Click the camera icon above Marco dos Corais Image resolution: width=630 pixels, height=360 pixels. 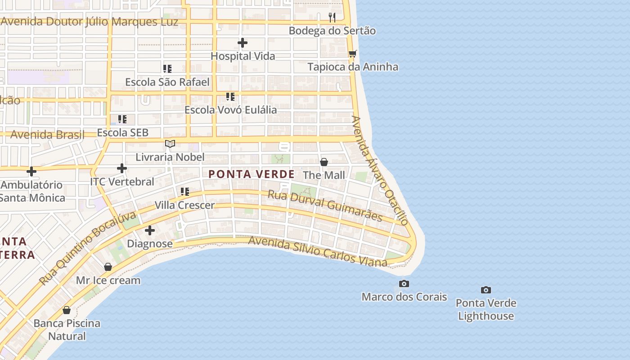point(404,283)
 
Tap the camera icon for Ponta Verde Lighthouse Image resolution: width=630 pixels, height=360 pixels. point(486,290)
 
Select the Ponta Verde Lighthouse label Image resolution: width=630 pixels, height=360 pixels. point(486,310)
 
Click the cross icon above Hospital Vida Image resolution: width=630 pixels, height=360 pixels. point(243,43)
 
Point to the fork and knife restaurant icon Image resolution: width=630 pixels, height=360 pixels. point(332,18)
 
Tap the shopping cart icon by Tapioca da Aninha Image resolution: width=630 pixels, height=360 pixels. point(352,54)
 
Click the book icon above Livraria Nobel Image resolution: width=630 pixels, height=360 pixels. point(170,144)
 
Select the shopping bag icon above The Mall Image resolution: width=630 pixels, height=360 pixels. point(324,162)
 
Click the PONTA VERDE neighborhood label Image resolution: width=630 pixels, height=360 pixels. point(252,174)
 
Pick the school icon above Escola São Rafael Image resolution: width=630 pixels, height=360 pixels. point(167,69)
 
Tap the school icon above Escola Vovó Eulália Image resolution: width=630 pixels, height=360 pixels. point(230,96)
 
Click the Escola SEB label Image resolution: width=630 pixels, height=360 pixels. point(122,133)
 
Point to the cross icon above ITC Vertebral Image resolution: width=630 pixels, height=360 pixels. point(122,168)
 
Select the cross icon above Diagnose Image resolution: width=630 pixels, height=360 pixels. point(150,230)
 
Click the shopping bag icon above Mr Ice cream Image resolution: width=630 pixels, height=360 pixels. point(108,267)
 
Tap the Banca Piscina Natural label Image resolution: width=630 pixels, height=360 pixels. point(67,329)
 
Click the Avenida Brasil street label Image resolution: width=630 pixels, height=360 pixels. point(47,135)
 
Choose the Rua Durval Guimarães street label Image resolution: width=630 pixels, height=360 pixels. point(325,206)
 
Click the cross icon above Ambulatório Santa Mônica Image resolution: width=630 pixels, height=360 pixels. point(31,171)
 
